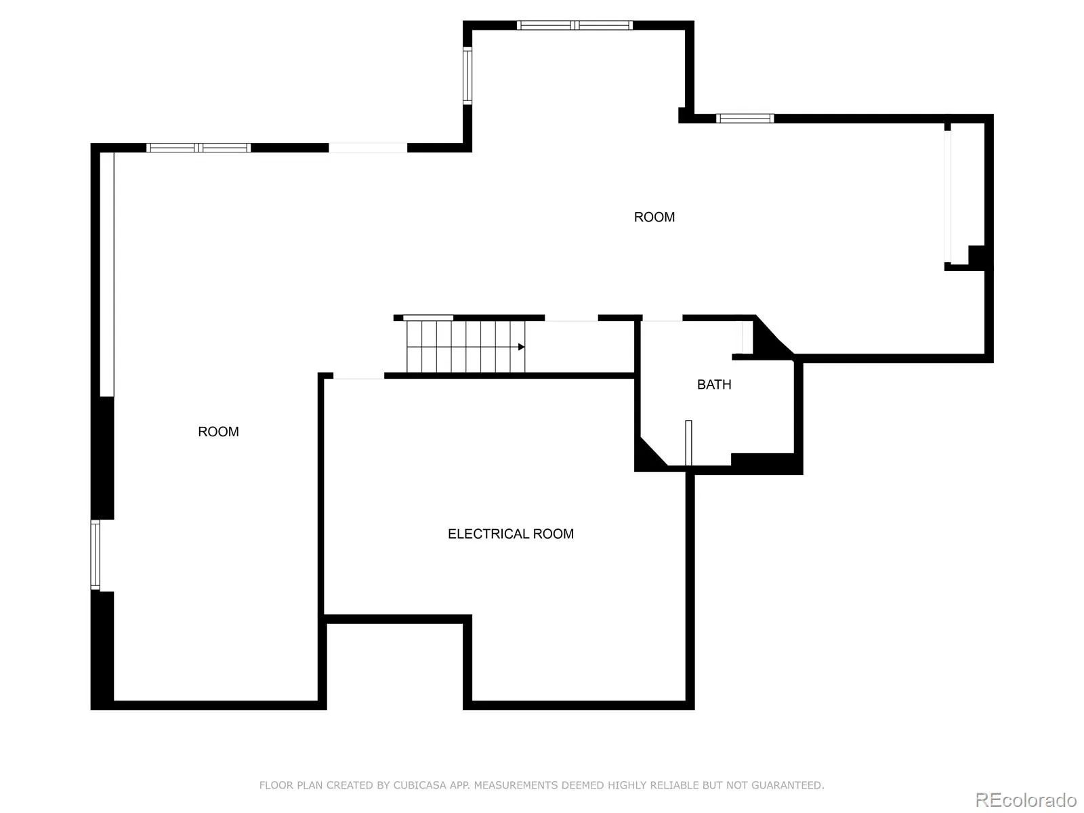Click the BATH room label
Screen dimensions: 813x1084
point(714,384)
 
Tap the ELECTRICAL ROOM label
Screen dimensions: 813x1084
point(510,534)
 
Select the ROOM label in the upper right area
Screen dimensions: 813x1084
point(654,217)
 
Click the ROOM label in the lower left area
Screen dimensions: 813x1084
point(218,432)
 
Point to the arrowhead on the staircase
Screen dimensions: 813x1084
point(521,347)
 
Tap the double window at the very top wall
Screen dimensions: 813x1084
point(575,25)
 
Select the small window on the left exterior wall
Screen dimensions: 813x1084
point(96,554)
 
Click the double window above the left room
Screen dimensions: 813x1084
point(199,148)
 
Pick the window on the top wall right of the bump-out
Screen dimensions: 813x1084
point(745,119)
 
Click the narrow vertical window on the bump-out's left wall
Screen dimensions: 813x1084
point(467,75)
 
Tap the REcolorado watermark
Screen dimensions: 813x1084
point(1026,799)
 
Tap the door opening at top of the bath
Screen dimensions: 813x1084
point(662,319)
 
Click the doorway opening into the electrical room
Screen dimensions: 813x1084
point(358,377)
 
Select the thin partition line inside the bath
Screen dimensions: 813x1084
point(688,442)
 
